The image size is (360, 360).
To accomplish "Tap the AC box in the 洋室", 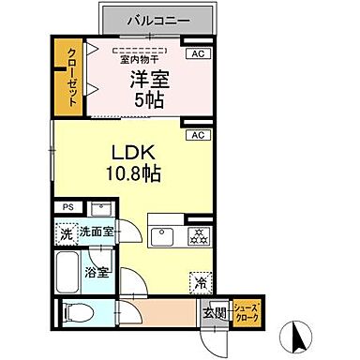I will [x=197, y=54].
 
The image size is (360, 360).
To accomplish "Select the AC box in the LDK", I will [x=197, y=135].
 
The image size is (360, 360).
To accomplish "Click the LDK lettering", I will [x=134, y=153].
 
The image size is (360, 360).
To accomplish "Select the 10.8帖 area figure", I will [x=134, y=173].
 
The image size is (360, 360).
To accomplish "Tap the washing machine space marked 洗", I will [x=67, y=231].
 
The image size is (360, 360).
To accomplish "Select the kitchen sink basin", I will [x=162, y=233].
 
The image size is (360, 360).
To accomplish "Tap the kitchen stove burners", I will [x=197, y=233].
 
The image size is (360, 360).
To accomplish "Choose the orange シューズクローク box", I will [x=246, y=312].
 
